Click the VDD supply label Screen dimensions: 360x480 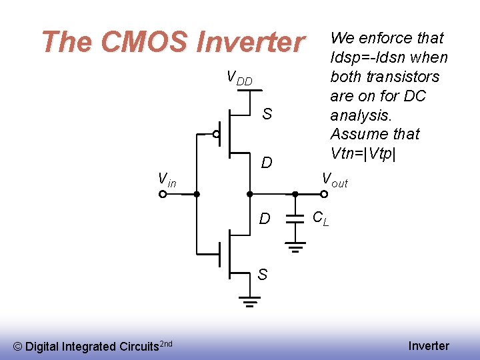(x=239, y=78)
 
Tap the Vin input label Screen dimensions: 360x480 (x=167, y=179)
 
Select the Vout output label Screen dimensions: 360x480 (x=335, y=179)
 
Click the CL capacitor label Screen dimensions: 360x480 (x=321, y=217)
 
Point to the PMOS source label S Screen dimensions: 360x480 (x=267, y=114)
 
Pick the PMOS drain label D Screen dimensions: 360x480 (x=267, y=163)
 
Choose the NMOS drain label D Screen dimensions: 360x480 (x=265, y=219)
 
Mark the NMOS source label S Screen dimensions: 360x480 (x=263, y=274)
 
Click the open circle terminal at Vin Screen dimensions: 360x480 (x=163, y=195)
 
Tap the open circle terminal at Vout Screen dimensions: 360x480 (x=323, y=195)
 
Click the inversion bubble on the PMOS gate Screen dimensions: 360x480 (x=217, y=134)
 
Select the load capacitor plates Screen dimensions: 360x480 (x=295, y=219)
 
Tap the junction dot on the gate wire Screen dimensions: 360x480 (x=197, y=195)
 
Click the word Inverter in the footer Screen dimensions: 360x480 (x=429, y=345)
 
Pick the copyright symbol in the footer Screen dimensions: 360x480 (x=18, y=346)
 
